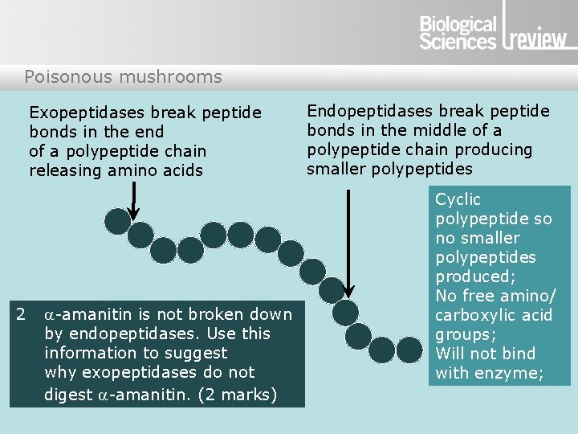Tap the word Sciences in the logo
(458, 42)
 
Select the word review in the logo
(538, 39)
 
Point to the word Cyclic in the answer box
(458, 199)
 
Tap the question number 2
(22, 314)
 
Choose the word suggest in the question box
(200, 353)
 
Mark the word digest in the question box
(67, 395)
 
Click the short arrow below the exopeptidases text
(134, 199)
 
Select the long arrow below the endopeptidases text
(348, 242)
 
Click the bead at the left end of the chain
(118, 221)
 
